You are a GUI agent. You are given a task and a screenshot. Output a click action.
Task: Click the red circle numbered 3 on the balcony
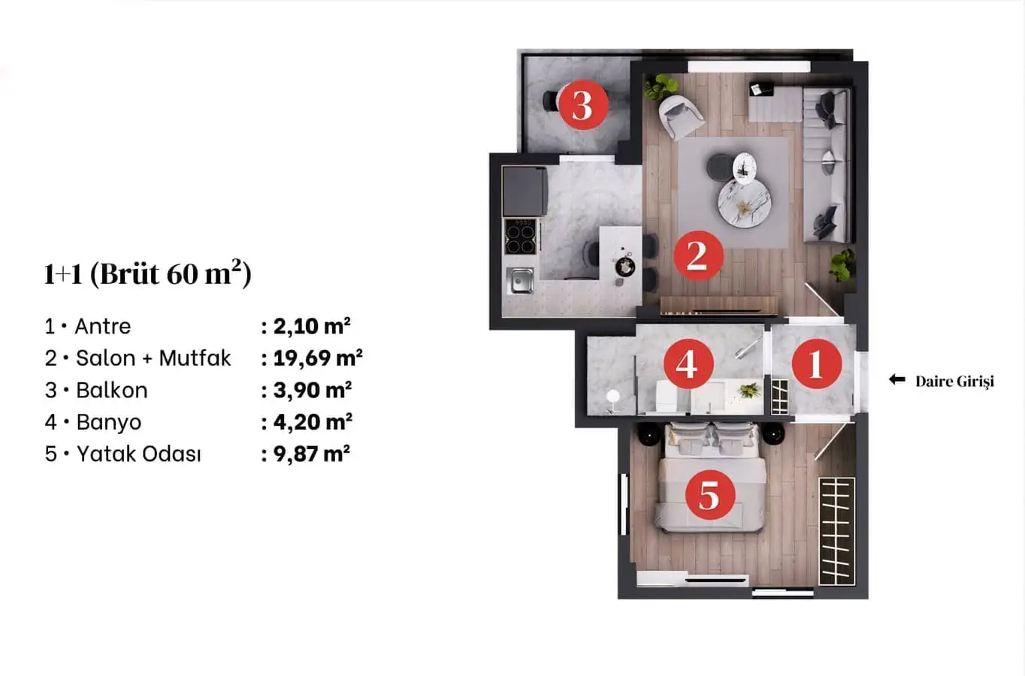(x=583, y=104)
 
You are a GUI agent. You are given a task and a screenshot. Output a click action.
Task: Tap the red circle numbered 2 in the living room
(x=698, y=255)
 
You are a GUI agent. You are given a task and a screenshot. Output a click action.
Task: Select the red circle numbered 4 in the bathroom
(x=688, y=364)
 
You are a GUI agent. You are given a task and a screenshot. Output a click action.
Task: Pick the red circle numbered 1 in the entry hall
(x=817, y=364)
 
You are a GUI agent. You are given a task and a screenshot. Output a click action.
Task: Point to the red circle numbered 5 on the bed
(x=710, y=495)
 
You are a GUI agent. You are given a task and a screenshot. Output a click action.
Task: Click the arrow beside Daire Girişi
(x=897, y=379)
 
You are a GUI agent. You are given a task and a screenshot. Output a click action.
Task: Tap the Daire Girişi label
(x=955, y=382)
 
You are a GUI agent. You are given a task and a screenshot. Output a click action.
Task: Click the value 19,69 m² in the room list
(x=318, y=358)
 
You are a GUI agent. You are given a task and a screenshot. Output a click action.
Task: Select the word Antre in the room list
(x=102, y=327)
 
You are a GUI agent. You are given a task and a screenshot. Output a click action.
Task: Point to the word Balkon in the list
(x=112, y=390)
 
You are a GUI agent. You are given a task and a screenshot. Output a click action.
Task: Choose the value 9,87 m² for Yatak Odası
(x=312, y=454)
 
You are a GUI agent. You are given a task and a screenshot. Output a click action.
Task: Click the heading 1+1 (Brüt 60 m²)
(x=147, y=273)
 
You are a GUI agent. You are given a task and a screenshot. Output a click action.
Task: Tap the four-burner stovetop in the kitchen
(x=520, y=237)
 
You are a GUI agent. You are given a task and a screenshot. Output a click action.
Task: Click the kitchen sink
(x=520, y=280)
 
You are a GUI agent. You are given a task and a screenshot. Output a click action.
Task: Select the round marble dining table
(x=744, y=203)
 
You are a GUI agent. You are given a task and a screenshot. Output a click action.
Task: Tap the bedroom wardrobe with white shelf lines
(x=836, y=531)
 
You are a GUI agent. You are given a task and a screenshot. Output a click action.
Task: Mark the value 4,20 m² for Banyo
(x=313, y=421)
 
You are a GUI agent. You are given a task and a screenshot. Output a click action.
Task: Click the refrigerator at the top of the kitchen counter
(x=525, y=191)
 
